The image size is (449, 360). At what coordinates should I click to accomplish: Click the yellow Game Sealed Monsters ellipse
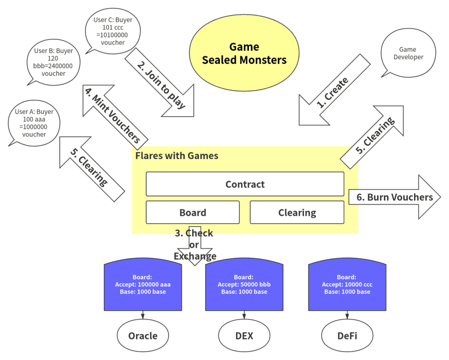tap(244, 53)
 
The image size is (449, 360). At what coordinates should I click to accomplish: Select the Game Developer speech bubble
tap(408, 53)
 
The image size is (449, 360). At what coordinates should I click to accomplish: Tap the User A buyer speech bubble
tap(34, 123)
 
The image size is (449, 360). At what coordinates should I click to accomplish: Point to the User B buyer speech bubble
tap(53, 62)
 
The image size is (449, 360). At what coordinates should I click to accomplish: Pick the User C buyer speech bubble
tap(113, 31)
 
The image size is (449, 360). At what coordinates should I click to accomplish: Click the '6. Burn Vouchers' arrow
tap(395, 197)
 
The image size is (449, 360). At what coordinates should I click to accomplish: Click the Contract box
tap(245, 184)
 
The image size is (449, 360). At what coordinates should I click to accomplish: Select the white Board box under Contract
tap(193, 212)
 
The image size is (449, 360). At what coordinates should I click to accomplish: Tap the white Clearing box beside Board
tap(297, 212)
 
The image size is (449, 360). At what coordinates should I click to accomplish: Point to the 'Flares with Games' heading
tap(177, 156)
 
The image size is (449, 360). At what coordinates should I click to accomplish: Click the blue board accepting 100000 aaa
tap(143, 285)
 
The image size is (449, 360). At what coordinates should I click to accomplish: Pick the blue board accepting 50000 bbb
tap(244, 285)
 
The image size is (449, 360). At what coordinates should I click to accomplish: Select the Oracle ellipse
tap(143, 336)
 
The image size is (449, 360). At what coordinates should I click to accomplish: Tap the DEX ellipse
tap(244, 336)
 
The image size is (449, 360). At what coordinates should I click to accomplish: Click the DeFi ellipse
tap(347, 336)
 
